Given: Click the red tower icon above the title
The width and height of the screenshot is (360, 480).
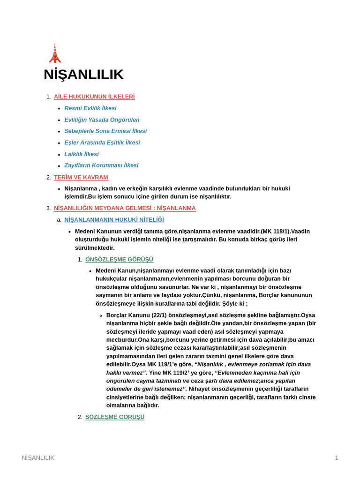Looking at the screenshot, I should pos(55,54).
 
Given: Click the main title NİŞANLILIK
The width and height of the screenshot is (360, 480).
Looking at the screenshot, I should pos(83,75).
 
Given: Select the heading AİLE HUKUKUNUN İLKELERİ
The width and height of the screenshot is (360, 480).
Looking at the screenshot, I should pos(94,97).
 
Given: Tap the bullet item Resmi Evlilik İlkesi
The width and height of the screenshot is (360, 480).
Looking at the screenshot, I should pos(90,108).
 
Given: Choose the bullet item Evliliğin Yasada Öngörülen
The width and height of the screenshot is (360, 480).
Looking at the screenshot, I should pos(102,120).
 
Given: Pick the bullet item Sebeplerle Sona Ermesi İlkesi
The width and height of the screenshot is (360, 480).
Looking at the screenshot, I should pos(105,131).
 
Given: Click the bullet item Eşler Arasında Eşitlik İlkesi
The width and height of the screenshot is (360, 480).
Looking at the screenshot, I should pos(102,142).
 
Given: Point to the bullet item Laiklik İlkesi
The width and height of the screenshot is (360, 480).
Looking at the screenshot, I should pos(82,154).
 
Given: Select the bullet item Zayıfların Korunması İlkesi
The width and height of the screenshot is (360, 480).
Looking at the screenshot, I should pos(101,165).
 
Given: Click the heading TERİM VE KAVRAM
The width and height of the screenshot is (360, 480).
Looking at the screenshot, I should pos(81,177).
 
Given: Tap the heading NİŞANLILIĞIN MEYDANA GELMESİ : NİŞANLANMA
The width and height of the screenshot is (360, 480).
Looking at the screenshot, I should pos(125,208).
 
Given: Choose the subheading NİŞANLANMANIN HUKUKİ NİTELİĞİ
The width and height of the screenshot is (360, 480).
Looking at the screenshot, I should pos(114,219).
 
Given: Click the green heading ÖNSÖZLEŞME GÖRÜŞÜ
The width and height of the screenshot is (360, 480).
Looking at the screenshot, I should pos(119,259).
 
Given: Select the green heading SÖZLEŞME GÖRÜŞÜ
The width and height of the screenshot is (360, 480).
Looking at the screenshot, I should pos(115,417).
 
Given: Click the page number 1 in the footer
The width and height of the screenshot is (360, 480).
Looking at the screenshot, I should pos(336,457).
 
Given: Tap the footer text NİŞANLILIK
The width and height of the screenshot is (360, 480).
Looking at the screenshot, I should pos(38,457).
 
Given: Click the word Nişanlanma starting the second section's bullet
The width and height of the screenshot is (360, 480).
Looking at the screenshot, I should pos(81,188).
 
